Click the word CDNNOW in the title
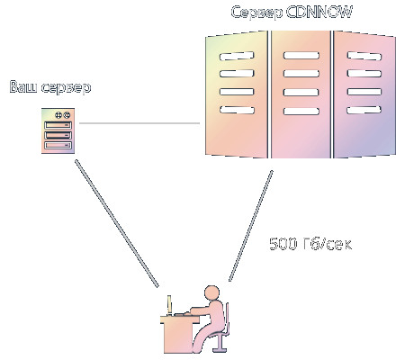[x=319, y=13]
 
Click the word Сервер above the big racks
[x=256, y=13]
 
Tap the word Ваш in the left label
[x=23, y=86]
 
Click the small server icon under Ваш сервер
[x=58, y=130]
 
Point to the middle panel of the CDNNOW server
[x=301, y=94]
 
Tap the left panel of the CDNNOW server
[x=237, y=94]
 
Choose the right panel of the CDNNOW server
[x=364, y=94]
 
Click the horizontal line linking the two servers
[x=139, y=123]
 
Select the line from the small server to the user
[x=117, y=223]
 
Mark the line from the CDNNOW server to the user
[x=251, y=226]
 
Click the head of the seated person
[x=212, y=292]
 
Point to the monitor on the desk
[x=169, y=305]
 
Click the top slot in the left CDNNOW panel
[x=237, y=56]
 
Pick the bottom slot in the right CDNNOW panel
[x=364, y=110]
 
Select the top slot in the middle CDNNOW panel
[x=301, y=56]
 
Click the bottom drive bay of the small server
[x=58, y=145]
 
